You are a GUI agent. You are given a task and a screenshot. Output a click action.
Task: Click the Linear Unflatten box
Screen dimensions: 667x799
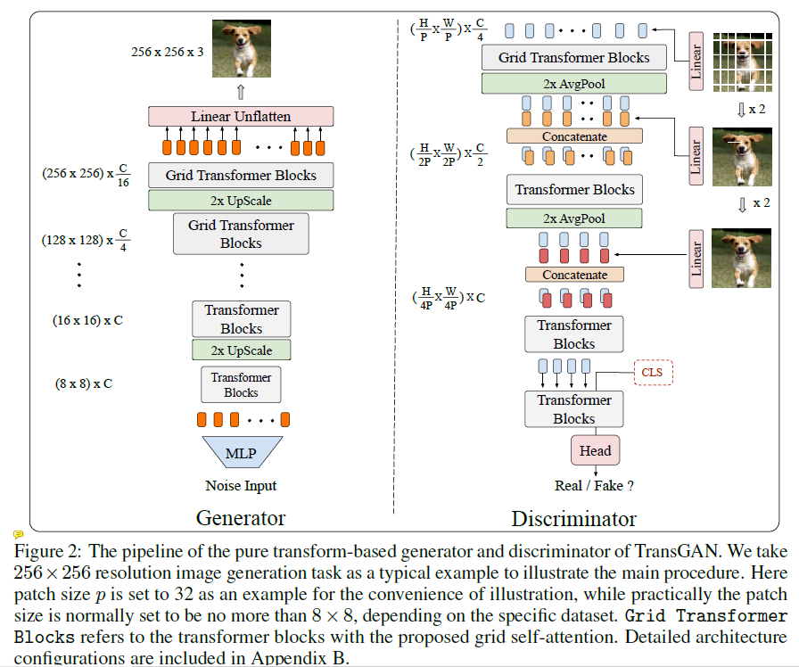click(x=241, y=117)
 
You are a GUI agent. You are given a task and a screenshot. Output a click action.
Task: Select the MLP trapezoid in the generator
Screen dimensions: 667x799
click(x=241, y=453)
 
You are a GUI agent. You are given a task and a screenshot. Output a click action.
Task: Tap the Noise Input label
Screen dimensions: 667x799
click(x=241, y=486)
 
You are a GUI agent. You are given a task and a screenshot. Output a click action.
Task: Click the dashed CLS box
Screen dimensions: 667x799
click(x=653, y=372)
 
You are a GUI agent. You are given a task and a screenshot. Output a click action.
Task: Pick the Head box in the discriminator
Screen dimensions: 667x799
click(x=595, y=450)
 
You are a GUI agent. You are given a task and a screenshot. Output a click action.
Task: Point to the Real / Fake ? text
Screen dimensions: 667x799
click(x=594, y=486)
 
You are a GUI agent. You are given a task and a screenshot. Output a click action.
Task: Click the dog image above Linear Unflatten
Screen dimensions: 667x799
click(x=240, y=49)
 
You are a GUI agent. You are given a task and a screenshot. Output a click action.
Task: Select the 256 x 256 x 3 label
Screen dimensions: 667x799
click(x=167, y=52)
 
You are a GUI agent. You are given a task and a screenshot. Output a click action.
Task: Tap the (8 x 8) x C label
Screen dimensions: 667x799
click(x=84, y=384)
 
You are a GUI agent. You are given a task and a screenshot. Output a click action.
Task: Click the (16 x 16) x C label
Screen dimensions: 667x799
click(x=87, y=319)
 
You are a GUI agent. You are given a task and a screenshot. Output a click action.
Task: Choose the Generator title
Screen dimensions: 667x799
click(x=240, y=518)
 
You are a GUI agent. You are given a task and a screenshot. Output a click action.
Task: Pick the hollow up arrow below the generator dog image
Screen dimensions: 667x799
click(x=240, y=92)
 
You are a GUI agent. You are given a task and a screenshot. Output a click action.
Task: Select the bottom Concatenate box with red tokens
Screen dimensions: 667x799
click(x=574, y=276)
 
